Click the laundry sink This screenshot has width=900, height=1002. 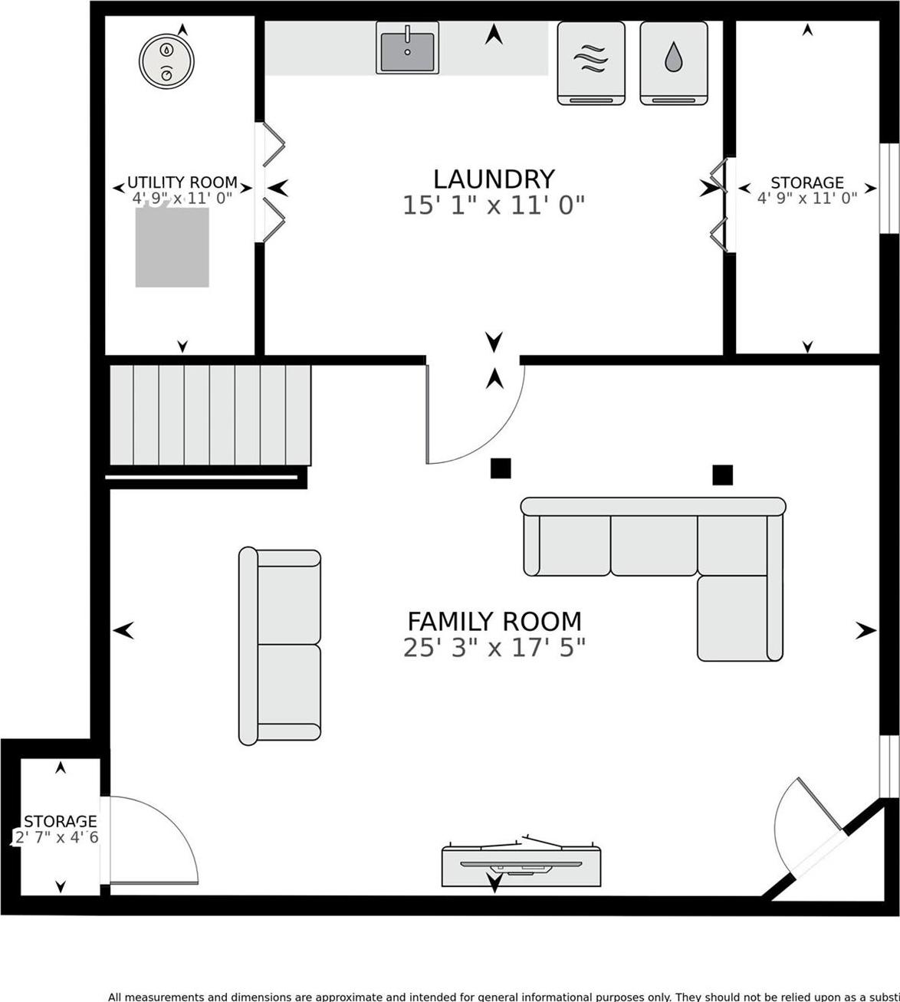tap(407, 48)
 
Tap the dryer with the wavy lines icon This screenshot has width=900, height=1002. tap(590, 62)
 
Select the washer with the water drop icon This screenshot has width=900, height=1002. tap(673, 62)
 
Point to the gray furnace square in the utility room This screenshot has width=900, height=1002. tap(172, 248)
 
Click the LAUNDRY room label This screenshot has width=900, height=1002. tap(494, 179)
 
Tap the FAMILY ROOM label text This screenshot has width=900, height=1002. tap(494, 620)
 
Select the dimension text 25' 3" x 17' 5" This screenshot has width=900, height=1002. tap(494, 648)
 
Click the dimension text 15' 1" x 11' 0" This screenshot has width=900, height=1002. tap(494, 205)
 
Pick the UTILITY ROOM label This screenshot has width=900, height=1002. tap(182, 182)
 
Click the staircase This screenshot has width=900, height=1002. tap(210, 415)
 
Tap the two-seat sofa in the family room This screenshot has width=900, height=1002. tap(280, 646)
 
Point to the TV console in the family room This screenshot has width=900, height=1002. tap(521, 865)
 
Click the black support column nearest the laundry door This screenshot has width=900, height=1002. tap(501, 468)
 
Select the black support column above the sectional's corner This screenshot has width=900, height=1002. tap(722, 475)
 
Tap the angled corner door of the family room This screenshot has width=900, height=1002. tap(809, 824)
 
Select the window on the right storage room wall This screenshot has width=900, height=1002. tap(888, 187)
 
